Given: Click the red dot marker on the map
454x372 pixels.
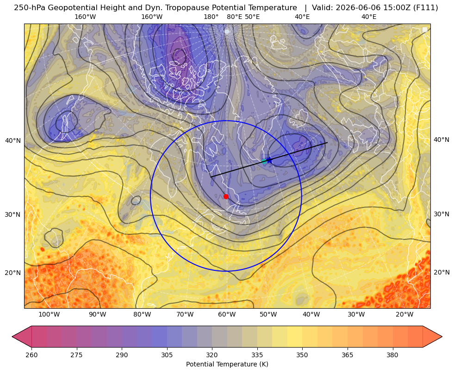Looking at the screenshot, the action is [226, 196].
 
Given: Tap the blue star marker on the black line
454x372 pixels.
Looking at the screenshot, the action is [269, 160].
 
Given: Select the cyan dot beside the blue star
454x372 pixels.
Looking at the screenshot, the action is [264, 161].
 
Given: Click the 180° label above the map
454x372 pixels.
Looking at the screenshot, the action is [211, 17].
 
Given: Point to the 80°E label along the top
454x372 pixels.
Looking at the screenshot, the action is [234, 17].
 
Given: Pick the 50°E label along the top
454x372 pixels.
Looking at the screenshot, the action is [252, 17].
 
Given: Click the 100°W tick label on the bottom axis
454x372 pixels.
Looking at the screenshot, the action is [49, 315].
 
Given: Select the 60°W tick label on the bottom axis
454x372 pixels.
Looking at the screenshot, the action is [227, 315].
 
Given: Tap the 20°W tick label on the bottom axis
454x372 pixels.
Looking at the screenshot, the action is [404, 315].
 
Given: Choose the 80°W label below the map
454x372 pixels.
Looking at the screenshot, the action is [142, 315].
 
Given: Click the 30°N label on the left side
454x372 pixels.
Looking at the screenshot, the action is [13, 215].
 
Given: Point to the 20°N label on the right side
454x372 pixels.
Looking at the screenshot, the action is [442, 272].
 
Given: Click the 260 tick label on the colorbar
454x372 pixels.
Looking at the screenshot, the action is [31, 355].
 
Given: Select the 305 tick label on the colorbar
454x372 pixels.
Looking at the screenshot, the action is [167, 355].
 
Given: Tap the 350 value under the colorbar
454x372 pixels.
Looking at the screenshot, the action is [302, 355].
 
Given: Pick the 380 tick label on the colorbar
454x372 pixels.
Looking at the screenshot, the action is [392, 355].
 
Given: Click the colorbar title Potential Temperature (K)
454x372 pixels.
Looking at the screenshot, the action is [227, 364].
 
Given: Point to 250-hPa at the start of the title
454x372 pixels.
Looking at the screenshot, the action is [30, 8].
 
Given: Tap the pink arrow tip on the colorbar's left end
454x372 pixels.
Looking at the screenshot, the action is [12, 336].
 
